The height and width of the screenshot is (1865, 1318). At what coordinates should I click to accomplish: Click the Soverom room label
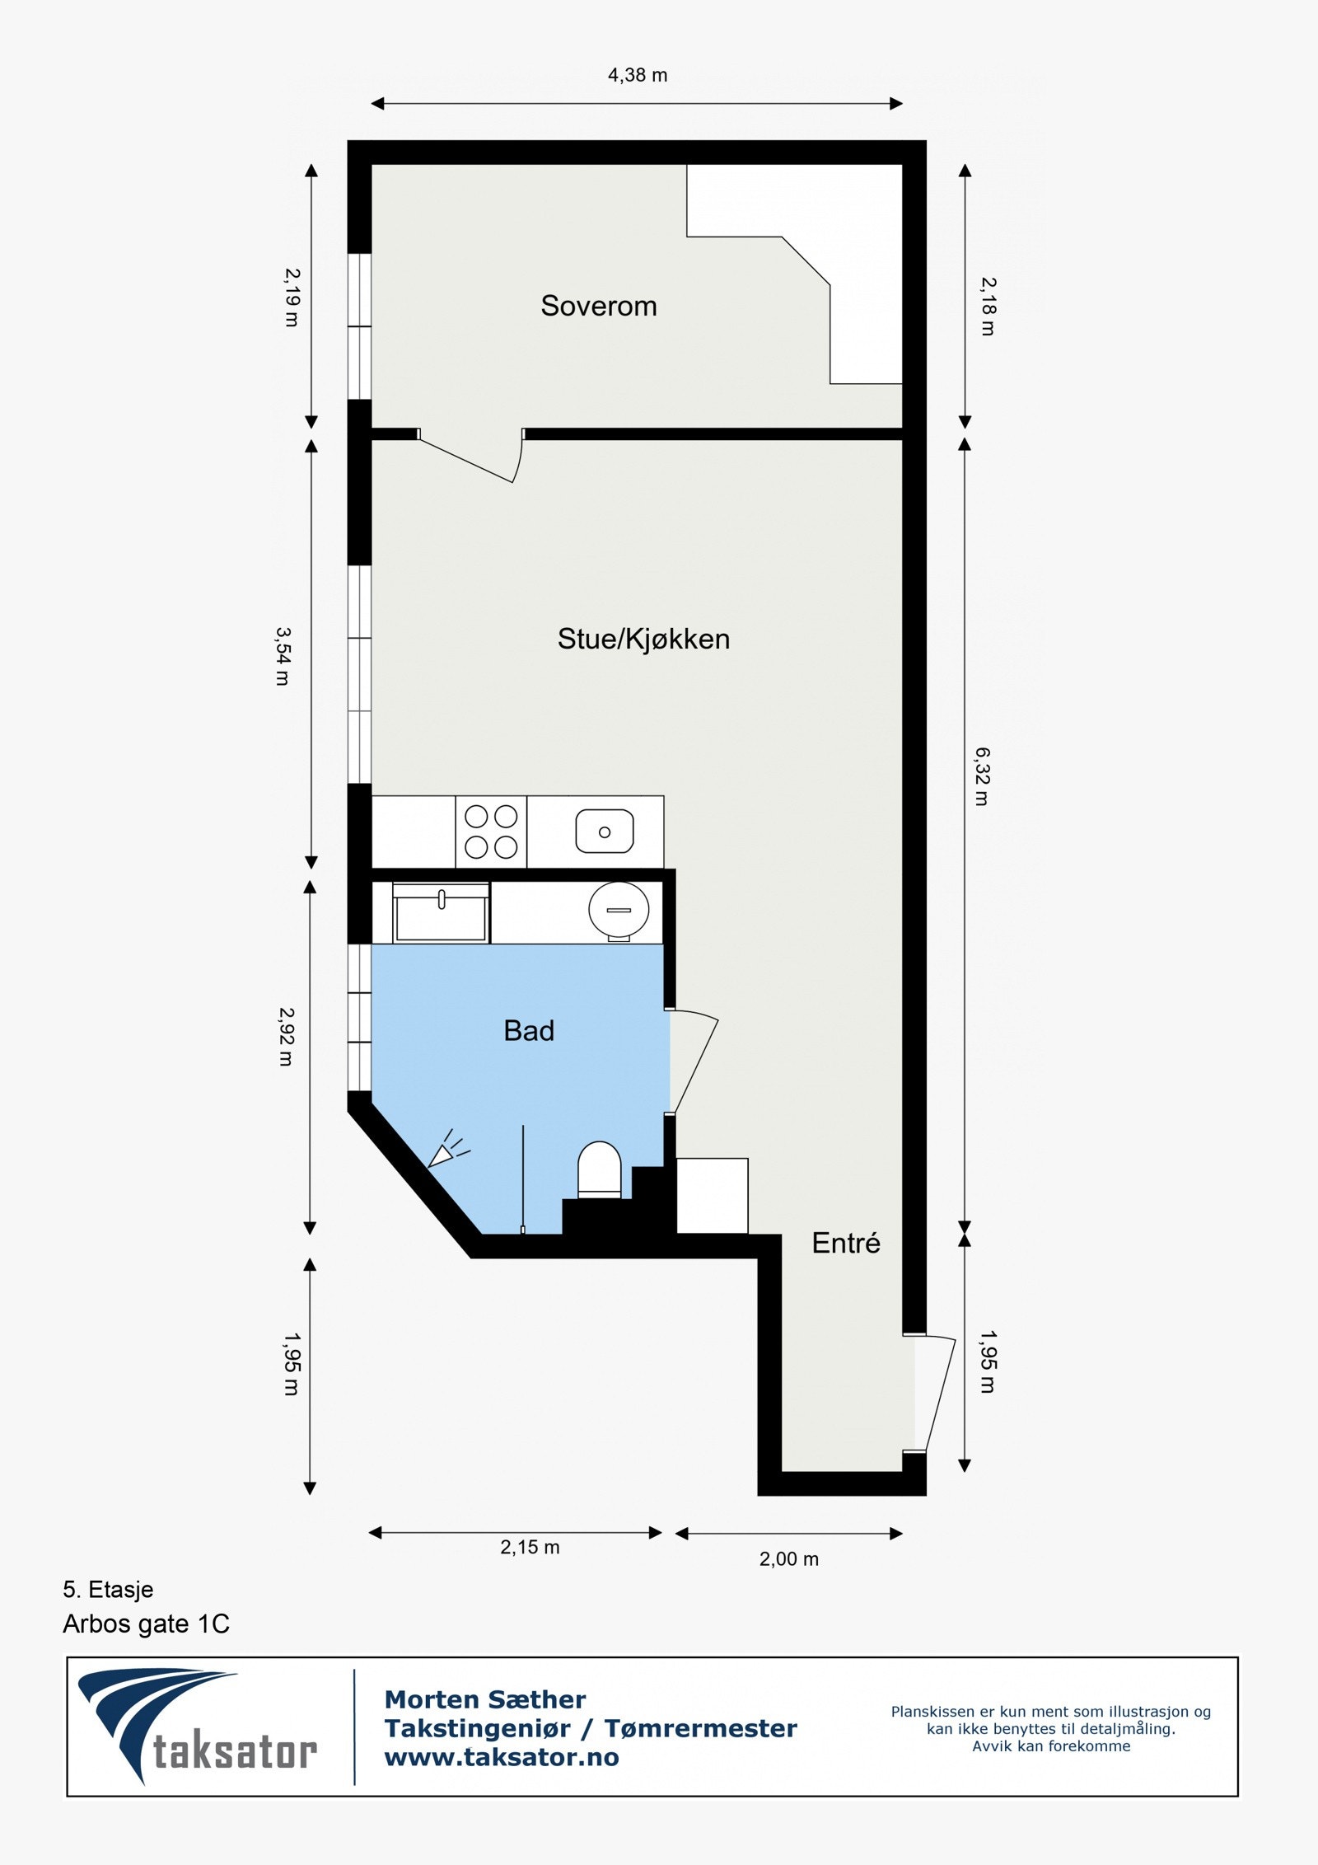598,306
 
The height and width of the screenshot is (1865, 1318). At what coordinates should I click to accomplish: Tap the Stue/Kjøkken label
643,639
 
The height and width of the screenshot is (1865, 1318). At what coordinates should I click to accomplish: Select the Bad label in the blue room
529,1030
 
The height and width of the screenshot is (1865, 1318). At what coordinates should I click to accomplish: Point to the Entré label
845,1243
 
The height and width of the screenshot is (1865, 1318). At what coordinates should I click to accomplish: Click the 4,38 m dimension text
638,75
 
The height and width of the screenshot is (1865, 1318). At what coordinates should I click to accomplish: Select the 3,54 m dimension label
283,656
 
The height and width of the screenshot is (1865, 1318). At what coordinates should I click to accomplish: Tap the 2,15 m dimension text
530,1547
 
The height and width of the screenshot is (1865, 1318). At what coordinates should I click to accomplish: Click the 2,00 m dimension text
788,1558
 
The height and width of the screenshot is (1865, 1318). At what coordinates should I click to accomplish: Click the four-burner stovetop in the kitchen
491,832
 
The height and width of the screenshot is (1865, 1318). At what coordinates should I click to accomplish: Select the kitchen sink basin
605,831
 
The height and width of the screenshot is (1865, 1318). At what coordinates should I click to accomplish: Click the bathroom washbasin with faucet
441,912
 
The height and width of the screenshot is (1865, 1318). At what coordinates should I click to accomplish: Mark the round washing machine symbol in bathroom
619,911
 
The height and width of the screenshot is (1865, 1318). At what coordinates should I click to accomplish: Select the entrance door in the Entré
935,1393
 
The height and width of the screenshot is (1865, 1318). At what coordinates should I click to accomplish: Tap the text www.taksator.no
502,1757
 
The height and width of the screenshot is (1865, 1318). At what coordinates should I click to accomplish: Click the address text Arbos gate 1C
146,1624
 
